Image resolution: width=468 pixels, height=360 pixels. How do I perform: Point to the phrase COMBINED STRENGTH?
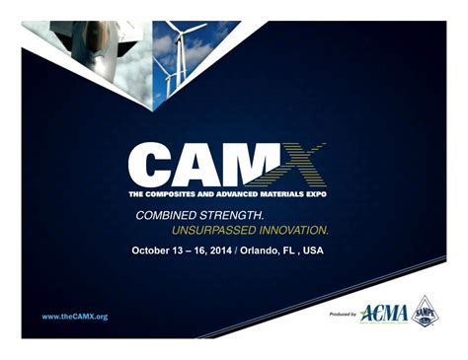point(198,213)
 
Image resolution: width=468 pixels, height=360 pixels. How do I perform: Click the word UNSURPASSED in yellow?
point(212,230)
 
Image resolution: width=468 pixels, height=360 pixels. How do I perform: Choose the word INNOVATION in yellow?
point(292,230)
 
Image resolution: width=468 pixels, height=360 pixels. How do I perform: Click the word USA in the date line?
point(313,251)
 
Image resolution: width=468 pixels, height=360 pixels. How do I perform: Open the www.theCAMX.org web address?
point(75,317)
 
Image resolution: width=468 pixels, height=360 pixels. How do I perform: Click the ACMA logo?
point(383,314)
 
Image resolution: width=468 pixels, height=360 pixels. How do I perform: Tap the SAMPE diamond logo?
point(426,311)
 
